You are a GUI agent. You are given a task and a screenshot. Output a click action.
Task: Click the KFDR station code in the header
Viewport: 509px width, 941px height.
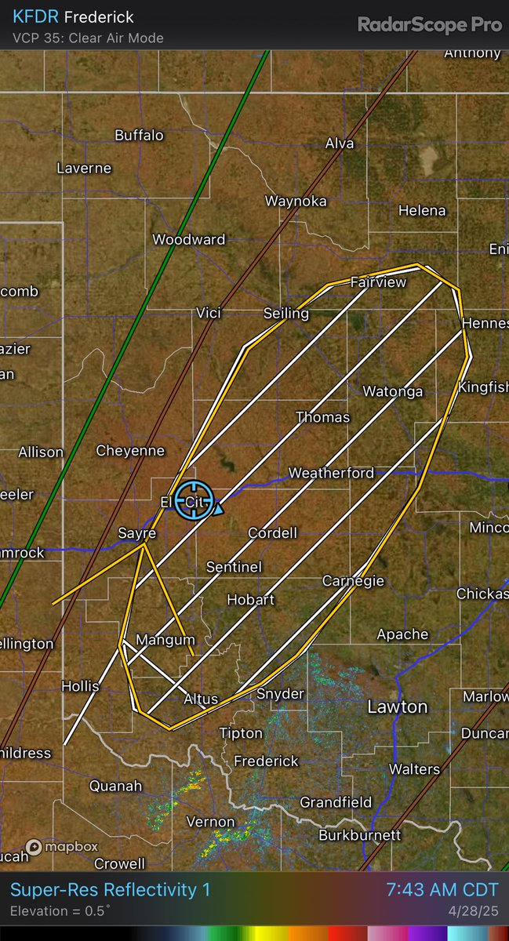click(x=31, y=16)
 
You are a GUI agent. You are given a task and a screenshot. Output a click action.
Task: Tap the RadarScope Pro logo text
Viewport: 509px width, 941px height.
click(x=430, y=24)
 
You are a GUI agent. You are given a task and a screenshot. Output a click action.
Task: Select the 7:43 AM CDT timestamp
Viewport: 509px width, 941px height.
click(x=442, y=890)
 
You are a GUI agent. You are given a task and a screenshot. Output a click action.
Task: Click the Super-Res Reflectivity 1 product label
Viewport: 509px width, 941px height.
click(x=110, y=890)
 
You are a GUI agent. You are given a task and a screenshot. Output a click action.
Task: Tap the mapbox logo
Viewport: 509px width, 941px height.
click(x=62, y=847)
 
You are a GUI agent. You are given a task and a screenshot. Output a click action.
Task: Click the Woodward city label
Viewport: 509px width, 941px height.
click(x=188, y=240)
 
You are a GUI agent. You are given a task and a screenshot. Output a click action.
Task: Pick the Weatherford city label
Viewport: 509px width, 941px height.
click(x=331, y=473)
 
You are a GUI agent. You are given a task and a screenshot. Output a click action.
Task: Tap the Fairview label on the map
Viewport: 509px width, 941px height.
click(x=378, y=282)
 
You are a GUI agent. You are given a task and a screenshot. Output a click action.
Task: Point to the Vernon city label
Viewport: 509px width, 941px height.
click(x=210, y=822)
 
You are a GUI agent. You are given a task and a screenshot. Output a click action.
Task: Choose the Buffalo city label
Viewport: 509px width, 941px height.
click(x=139, y=135)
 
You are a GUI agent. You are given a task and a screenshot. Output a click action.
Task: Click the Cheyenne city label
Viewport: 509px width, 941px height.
click(x=130, y=450)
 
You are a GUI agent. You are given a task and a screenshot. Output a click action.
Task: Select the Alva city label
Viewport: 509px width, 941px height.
click(x=340, y=144)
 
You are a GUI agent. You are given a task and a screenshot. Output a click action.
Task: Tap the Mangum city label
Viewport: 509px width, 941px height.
click(x=165, y=640)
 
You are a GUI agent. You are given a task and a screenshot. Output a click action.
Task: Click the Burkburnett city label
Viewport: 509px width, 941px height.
click(x=360, y=836)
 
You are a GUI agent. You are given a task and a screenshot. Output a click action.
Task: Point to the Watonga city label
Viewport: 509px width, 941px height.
click(x=392, y=391)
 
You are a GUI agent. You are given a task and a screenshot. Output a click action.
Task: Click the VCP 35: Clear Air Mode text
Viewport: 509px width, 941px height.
click(x=89, y=38)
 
